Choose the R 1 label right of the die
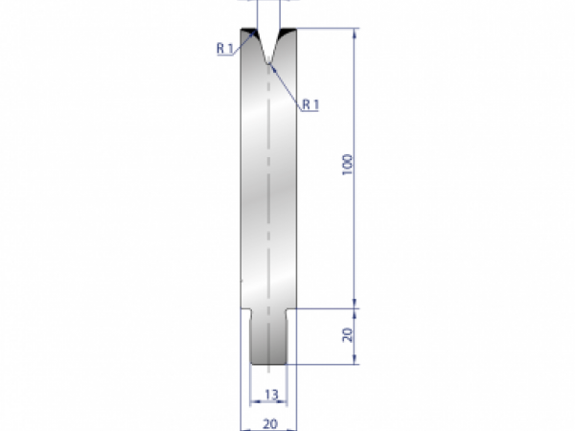pos(309,104)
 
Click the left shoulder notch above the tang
pos(246,312)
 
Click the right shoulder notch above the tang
pos(291,312)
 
